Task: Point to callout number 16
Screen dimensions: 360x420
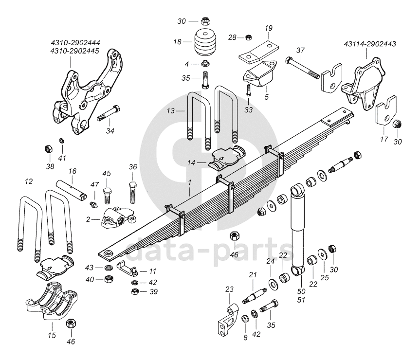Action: click(72, 171)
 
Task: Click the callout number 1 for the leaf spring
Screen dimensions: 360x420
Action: click(190, 181)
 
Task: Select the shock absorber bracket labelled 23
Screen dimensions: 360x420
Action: click(227, 322)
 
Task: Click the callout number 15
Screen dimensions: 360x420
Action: click(52, 335)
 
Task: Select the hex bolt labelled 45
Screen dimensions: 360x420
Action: click(108, 193)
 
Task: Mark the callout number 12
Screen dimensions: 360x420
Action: click(29, 181)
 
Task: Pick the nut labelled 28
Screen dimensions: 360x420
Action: click(248, 36)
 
